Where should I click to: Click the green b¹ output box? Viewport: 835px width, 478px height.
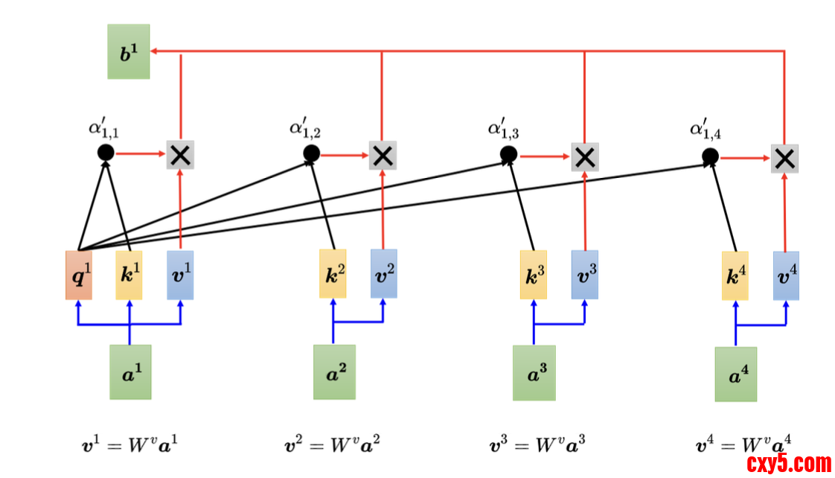129,51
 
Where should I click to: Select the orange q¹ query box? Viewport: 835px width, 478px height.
79,275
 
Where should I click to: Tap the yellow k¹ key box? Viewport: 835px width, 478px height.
129,275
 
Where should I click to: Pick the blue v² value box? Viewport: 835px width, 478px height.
384,274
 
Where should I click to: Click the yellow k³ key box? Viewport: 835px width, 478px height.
533,275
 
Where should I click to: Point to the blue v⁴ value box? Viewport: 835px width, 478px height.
786,275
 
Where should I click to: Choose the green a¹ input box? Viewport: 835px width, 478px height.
130,372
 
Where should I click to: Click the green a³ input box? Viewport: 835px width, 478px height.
534,372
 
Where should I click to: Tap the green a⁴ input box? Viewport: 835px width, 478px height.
736,374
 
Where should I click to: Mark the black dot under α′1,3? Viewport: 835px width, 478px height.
508,154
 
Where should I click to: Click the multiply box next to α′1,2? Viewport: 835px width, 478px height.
383,155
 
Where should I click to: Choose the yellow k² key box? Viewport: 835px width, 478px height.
332,274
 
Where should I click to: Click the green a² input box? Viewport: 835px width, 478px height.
334,372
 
